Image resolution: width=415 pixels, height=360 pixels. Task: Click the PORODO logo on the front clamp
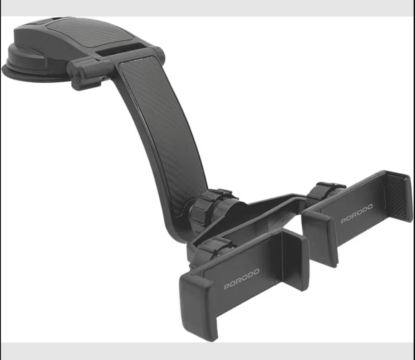coord(242,279)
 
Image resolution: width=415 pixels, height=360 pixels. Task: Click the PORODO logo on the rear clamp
coord(357,213)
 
